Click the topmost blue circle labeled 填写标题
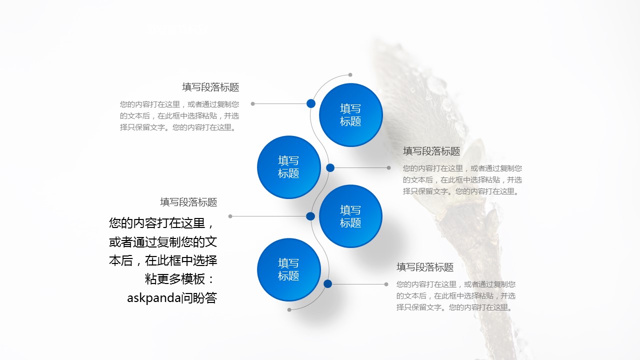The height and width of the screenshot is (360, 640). (x=350, y=115)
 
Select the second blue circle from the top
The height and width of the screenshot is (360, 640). (x=288, y=167)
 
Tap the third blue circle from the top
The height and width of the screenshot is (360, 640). (x=350, y=216)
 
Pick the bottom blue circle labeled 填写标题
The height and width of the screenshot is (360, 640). (x=288, y=269)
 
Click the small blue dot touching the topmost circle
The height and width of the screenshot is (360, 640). (x=311, y=103)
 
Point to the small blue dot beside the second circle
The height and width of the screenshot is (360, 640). (x=330, y=167)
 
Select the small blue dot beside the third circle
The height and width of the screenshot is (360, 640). (x=310, y=216)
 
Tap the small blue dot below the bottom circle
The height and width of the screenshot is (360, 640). (x=327, y=283)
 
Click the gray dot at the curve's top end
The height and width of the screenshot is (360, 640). (x=350, y=75)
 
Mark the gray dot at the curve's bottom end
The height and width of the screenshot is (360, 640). (x=289, y=309)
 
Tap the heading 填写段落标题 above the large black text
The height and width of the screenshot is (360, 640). (x=188, y=202)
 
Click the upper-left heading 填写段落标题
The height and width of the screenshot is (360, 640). (x=210, y=87)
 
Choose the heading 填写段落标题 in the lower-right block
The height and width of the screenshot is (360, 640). (x=425, y=267)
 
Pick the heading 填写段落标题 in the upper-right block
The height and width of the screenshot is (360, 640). (x=431, y=151)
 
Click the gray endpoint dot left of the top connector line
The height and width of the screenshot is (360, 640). (x=252, y=103)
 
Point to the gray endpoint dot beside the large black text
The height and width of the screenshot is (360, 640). (x=230, y=216)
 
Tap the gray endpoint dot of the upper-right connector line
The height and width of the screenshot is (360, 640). (x=389, y=167)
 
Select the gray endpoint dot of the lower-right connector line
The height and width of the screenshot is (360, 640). (x=386, y=284)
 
